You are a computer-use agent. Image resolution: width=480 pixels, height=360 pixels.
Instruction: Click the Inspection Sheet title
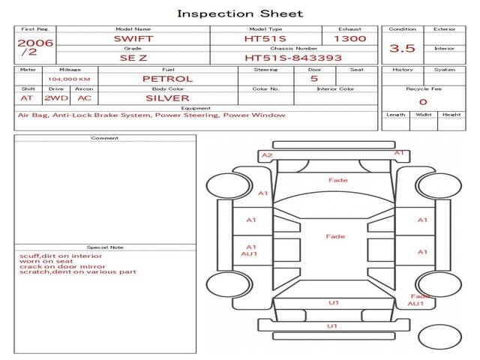(x=240, y=13)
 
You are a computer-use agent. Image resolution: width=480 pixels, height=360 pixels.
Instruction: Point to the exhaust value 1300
(x=349, y=38)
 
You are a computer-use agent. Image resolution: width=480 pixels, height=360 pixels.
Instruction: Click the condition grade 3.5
(x=402, y=48)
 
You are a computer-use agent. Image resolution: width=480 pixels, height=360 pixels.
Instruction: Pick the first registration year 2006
(x=35, y=43)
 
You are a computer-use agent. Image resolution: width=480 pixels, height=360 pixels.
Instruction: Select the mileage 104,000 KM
(x=69, y=79)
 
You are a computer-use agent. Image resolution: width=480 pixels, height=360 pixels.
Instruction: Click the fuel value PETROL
(x=167, y=79)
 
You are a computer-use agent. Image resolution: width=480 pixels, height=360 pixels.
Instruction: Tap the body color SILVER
(x=167, y=97)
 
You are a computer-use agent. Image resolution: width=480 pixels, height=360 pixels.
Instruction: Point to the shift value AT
(x=27, y=97)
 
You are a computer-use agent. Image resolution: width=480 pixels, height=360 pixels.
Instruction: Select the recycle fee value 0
(x=422, y=102)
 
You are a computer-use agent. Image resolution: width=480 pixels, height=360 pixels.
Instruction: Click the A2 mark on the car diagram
(x=267, y=155)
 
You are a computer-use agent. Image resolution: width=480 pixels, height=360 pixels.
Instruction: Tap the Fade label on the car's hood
(x=337, y=180)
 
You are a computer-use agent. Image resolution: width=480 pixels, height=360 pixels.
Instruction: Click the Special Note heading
(x=104, y=247)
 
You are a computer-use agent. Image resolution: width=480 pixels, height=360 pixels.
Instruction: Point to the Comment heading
(x=104, y=138)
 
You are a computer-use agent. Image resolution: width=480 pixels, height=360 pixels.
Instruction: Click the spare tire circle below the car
(x=440, y=337)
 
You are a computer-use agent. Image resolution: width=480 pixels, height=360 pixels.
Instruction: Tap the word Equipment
(x=195, y=108)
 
